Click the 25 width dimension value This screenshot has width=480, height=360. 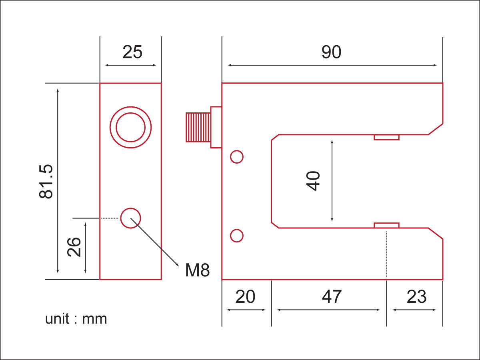point(132,52)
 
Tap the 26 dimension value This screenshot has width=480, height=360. point(74,247)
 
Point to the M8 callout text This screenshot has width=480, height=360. point(197,271)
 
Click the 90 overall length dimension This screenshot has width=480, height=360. point(331,52)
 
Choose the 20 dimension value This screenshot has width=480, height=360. point(245,297)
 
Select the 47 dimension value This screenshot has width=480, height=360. point(332,297)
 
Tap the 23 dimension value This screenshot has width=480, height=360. point(416,297)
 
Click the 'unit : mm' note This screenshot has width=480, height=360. point(76,319)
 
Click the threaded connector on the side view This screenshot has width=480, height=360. point(198,127)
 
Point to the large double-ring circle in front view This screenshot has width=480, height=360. point(131,128)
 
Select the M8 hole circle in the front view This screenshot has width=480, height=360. point(131,218)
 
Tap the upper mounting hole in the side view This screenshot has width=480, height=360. point(237,157)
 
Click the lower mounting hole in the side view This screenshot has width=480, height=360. point(237,236)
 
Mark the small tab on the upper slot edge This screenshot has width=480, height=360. point(386,137)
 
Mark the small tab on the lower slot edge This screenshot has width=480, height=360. point(386,225)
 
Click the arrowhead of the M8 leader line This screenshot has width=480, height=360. point(177,264)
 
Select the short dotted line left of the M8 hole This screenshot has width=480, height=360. point(110,218)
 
